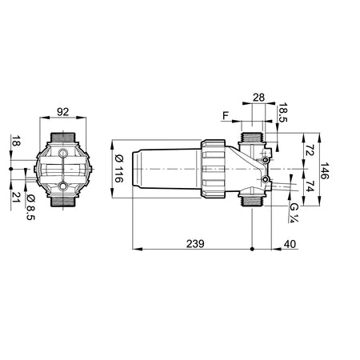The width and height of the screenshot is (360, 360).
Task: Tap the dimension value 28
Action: click(x=258, y=97)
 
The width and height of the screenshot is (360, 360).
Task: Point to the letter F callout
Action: click(x=226, y=117)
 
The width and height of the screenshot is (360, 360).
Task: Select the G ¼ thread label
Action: click(x=295, y=211)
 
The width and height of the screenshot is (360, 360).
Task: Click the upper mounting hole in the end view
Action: click(x=64, y=152)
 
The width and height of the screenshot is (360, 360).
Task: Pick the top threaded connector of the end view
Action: click(x=64, y=137)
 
